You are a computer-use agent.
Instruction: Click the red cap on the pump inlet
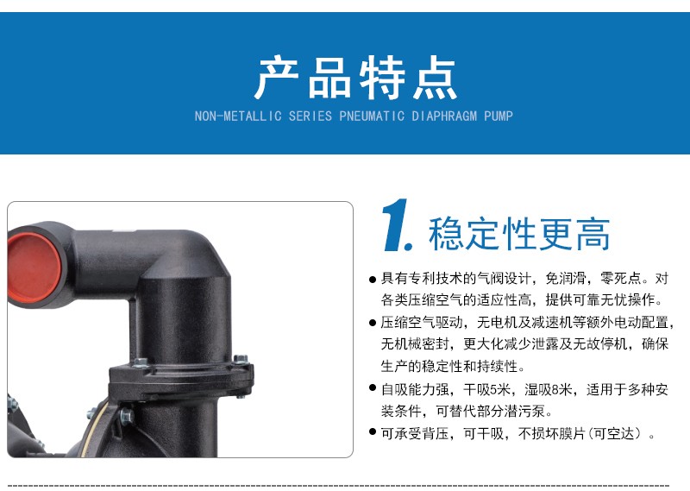[x=34, y=268]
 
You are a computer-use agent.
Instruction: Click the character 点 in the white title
[x=435, y=78]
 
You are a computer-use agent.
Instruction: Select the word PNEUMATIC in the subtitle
[x=372, y=116]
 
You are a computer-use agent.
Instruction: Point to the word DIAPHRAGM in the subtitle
[x=444, y=116]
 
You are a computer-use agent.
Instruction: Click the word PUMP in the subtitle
[x=499, y=116]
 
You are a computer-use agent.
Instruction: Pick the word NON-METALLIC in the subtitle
[x=238, y=116]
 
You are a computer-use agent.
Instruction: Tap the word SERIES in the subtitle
[x=310, y=116]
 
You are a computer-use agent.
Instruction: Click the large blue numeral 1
[x=397, y=225]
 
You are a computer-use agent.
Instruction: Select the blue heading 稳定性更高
[x=519, y=234]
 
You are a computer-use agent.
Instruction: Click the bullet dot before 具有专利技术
[x=373, y=280]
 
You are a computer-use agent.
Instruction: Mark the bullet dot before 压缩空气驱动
[x=373, y=323]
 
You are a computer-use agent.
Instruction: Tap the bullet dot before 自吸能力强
[x=373, y=388]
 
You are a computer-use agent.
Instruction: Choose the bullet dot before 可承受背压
[x=373, y=431]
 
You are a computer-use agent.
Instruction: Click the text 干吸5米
[x=487, y=389]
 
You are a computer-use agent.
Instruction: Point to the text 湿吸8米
[x=549, y=389]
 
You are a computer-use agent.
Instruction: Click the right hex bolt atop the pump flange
[x=241, y=359]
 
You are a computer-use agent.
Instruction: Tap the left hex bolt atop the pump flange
[x=141, y=363]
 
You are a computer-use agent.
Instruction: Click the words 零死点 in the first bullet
[x=621, y=279]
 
